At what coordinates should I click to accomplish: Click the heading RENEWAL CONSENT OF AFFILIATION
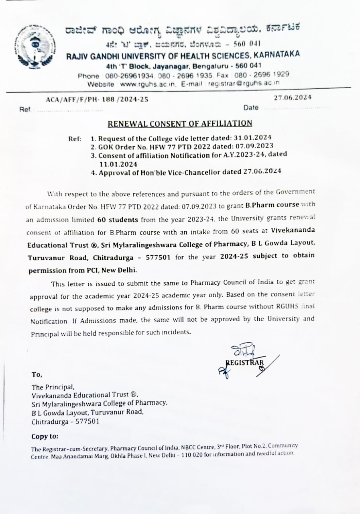[x=180, y=123]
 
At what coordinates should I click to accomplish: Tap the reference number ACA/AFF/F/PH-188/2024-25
[x=97, y=100]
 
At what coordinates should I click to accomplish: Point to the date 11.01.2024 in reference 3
[x=118, y=164]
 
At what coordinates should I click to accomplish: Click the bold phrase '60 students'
[x=118, y=220]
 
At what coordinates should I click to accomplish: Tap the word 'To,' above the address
[x=37, y=375]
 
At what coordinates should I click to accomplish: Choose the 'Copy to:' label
[x=45, y=436]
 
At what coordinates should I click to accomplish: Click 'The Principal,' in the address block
[x=53, y=387]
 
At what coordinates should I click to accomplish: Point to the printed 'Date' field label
[x=250, y=108]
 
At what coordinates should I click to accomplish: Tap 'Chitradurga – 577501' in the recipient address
[x=65, y=422]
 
